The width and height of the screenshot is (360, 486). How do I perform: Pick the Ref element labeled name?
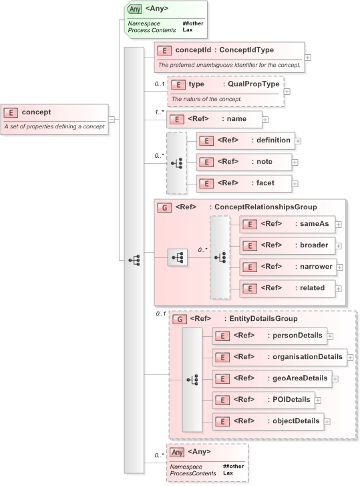tap(214, 119)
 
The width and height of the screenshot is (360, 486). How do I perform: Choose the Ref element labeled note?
tap(244, 162)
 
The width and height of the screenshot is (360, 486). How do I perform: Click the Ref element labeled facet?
tap(244, 183)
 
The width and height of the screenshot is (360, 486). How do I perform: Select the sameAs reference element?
tap(287, 225)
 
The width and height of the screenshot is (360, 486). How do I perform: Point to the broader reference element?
tap(287, 245)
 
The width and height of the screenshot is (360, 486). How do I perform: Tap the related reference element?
tap(287, 288)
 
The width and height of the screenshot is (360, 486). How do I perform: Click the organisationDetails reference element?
tap(279, 357)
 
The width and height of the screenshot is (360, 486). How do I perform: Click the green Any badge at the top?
tap(135, 9)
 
